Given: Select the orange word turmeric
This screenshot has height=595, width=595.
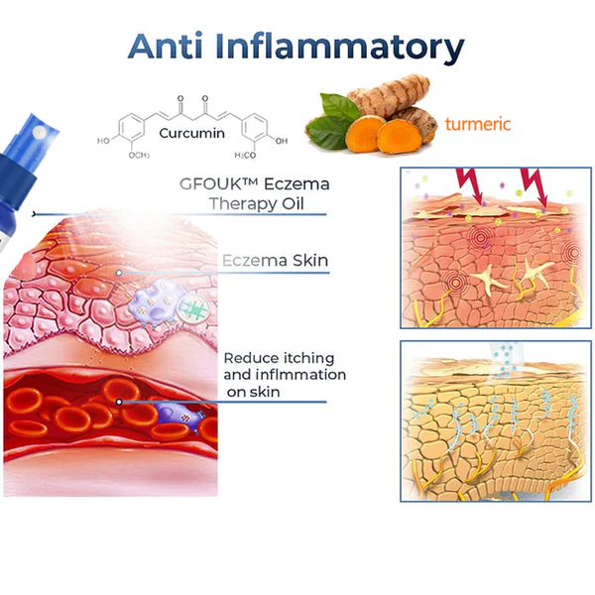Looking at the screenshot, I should pos(478,125).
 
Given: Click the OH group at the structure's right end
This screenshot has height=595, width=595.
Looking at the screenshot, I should pos(283,140).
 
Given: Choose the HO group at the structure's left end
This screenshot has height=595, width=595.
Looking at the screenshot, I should pos(104,141).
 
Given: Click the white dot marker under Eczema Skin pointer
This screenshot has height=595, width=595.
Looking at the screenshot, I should pos(120,272).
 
